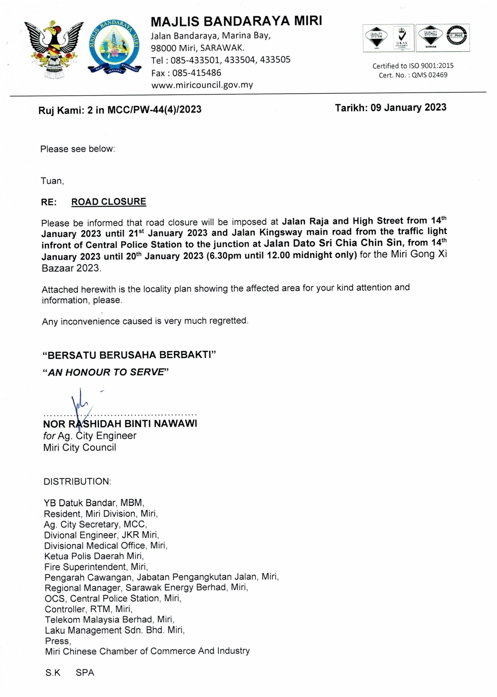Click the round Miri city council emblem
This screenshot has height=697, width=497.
[115, 49]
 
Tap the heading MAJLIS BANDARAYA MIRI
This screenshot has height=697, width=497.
[237, 21]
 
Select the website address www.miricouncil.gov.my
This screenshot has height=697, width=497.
[202, 85]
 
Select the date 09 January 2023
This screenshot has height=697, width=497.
[408, 108]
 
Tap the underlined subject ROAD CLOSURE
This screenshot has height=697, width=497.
[109, 202]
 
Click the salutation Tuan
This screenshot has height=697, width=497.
[52, 181]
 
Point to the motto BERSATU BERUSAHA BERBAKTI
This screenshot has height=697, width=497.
[129, 355]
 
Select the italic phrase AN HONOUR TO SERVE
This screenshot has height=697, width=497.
[105, 372]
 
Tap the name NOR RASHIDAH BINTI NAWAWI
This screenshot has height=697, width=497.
[120, 424]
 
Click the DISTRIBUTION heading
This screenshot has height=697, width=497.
[77, 482]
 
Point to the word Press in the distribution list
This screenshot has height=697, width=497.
[58, 641]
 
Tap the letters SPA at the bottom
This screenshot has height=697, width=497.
[85, 673]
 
